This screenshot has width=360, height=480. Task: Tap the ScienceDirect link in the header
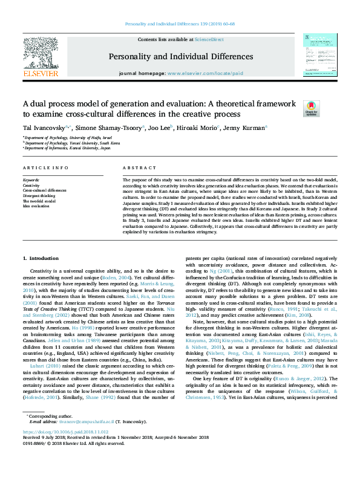click(209, 39)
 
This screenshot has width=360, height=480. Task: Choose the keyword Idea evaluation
click(36, 206)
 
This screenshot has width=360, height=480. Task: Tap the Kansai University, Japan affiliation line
click(68, 147)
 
